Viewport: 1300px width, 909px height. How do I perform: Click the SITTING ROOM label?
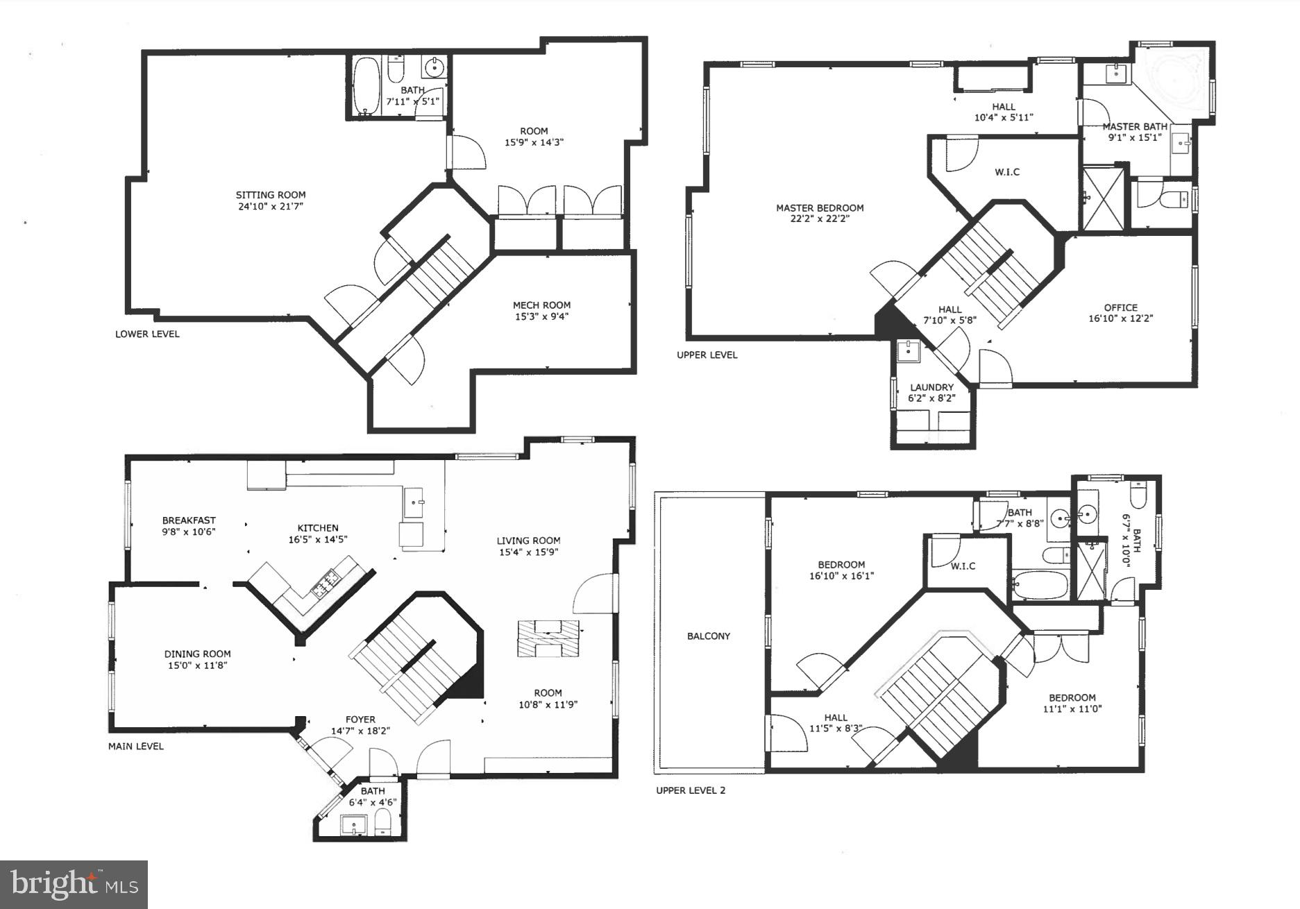(x=270, y=195)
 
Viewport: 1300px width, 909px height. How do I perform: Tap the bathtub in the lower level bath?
(x=366, y=85)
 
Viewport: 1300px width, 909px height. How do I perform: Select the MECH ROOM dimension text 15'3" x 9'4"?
(x=541, y=316)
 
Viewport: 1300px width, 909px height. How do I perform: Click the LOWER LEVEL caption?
(x=147, y=334)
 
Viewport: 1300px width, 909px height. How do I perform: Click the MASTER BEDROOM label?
(x=820, y=207)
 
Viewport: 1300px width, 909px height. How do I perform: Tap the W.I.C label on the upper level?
(x=1007, y=172)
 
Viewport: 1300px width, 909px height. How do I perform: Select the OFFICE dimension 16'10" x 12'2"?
(x=1120, y=318)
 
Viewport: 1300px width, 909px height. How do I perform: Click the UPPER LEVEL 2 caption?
(x=691, y=790)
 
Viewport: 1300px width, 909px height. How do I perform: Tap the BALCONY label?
(x=709, y=636)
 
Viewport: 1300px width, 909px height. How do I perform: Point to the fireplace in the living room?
(x=548, y=638)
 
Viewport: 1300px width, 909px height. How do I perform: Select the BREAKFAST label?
(x=189, y=520)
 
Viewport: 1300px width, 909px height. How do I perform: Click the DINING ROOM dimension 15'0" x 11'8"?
(x=197, y=665)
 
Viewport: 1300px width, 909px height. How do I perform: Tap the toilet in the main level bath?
(x=383, y=826)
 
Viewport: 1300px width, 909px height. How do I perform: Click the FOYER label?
(x=360, y=720)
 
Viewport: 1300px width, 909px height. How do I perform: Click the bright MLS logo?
(x=74, y=885)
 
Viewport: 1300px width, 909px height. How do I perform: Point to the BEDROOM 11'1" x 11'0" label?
(x=1072, y=697)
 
